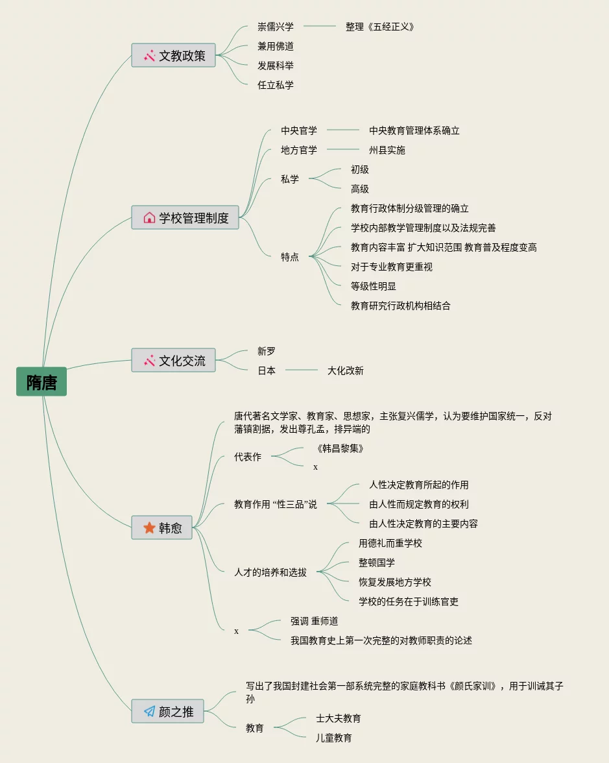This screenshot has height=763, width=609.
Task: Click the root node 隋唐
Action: coord(42,382)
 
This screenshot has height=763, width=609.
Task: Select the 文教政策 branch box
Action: coord(173,56)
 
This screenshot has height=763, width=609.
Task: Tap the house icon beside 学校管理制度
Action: coord(149,218)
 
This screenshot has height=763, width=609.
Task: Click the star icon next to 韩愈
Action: coord(149,528)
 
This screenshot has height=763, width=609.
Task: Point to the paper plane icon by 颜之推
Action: coord(149,712)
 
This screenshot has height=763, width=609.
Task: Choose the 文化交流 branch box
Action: coord(173,361)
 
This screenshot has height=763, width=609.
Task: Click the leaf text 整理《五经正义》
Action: coord(379,27)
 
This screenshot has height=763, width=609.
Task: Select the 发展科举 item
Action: coord(276,66)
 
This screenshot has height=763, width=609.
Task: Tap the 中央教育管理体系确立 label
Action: coord(414,130)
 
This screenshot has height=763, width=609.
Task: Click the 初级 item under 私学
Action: coord(360,169)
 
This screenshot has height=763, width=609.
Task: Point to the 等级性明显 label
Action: coord(374,286)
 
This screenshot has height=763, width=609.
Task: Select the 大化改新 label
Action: coord(346,370)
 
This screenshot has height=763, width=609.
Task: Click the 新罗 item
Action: coord(267,351)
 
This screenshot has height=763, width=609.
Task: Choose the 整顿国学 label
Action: coord(377,563)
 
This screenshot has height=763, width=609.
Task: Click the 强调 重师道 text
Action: coord(315,621)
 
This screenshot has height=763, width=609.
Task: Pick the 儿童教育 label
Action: coord(334,738)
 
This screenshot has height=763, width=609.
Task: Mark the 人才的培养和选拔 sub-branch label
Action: coord(270,572)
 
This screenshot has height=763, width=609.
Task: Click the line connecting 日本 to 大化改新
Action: coord(302,370)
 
